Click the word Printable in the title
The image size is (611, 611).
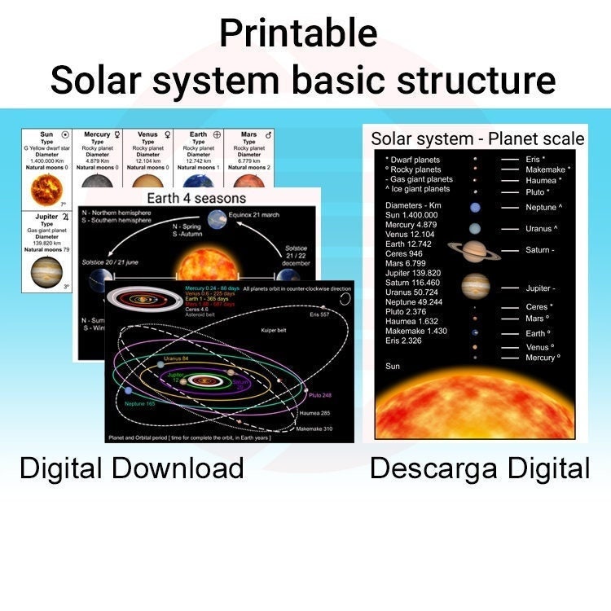click(x=298, y=34)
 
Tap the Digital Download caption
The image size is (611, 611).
click(x=132, y=468)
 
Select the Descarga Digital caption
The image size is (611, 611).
click(x=480, y=468)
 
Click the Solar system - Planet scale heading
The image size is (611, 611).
click(x=478, y=138)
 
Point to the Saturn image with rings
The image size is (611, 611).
click(x=475, y=250)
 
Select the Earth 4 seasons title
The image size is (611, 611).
click(x=196, y=198)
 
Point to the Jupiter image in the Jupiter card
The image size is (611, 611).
click(x=46, y=272)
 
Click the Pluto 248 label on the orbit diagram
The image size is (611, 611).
click(x=320, y=395)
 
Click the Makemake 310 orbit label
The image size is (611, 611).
click(x=314, y=429)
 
